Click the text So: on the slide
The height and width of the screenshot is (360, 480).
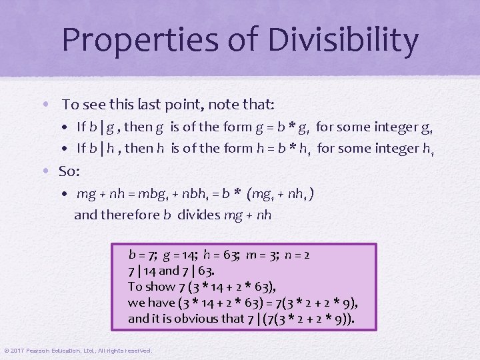click(x=69, y=171)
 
